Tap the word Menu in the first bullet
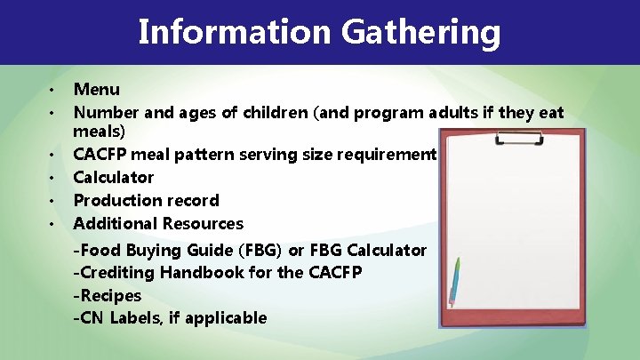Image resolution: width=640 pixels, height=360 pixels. [96, 89]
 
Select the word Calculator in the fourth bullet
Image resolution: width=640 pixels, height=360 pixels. [113, 177]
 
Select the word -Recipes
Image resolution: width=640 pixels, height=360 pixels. [107, 295]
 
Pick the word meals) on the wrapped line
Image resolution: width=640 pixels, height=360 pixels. [100, 132]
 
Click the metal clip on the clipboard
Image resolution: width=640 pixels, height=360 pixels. [511, 138]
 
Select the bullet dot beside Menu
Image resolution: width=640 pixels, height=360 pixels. [52, 91]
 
